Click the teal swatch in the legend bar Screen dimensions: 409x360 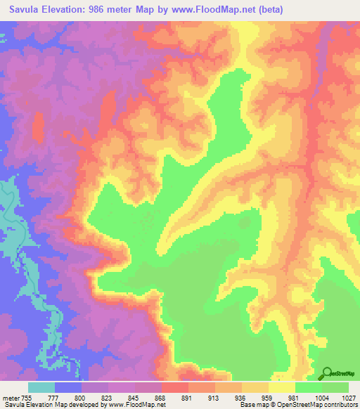(41, 387)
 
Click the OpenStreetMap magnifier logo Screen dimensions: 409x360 (328, 373)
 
